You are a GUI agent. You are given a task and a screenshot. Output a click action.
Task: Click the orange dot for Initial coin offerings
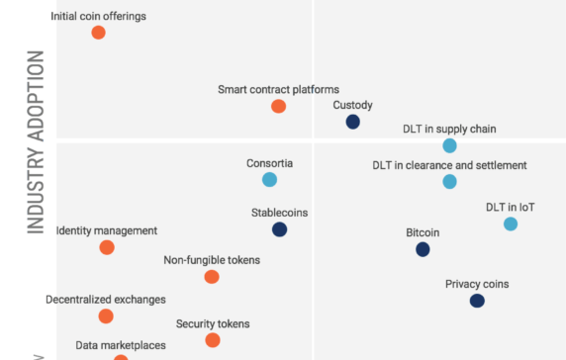pos(98,33)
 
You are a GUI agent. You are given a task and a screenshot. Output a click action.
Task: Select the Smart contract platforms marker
pos(278,107)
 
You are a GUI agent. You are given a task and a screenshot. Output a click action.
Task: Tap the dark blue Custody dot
pos(352,122)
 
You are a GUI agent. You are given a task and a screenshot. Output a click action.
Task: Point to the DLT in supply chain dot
pos(449,145)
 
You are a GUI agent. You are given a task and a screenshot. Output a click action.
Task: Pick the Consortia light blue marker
pos(269,180)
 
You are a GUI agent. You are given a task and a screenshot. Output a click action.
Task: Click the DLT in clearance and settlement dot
pos(449,182)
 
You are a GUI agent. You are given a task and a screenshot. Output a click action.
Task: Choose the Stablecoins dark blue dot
pos(279,229)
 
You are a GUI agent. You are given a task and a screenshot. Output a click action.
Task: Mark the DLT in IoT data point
pos(511,225)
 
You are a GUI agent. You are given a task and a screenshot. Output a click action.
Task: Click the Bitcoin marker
pos(423,250)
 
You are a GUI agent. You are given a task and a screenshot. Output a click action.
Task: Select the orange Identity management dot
pos(107,247)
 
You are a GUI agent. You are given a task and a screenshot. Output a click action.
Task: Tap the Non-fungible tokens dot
pos(211,277)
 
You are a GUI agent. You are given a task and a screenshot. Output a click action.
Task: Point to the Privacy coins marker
pos(477,301)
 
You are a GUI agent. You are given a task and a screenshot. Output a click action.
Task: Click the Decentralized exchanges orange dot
pos(106,316)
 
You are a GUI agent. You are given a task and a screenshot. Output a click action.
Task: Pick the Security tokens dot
pos(212,340)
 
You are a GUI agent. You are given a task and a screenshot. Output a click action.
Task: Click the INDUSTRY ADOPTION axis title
pos(37,142)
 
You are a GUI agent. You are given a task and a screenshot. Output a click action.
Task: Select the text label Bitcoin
pos(423,232)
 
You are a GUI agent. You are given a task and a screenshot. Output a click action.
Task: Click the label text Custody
pos(352,105)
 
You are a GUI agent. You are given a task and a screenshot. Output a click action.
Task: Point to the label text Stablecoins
pos(279,212)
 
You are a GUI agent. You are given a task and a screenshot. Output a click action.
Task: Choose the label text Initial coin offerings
pos(97,16)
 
